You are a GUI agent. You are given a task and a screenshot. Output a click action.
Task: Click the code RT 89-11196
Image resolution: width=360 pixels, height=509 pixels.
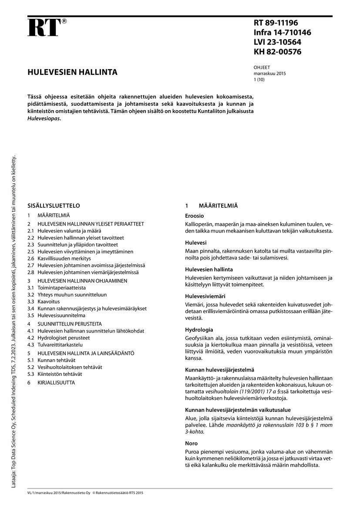[276, 23]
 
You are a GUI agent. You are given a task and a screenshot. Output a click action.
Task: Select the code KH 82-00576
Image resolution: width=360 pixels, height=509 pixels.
[277, 52]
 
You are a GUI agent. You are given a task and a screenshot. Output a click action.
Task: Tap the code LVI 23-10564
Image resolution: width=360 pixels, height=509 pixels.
[277, 42]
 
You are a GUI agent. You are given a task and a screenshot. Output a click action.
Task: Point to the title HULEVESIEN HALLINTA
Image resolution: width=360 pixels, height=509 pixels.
[72, 72]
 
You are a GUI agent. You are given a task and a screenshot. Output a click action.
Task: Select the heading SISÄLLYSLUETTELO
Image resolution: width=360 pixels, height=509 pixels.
[54, 206]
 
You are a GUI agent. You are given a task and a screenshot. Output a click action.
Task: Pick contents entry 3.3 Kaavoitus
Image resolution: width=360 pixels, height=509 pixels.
[44, 301]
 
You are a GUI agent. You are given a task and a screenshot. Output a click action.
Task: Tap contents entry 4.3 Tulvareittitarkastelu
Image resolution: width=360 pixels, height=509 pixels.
[55, 344]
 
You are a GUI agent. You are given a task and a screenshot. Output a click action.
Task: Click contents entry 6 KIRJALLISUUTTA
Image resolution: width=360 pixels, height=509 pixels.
[51, 382]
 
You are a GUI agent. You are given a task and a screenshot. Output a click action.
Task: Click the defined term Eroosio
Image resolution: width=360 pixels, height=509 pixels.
[195, 216]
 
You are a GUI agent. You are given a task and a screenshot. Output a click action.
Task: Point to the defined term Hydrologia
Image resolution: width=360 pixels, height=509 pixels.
[199, 330]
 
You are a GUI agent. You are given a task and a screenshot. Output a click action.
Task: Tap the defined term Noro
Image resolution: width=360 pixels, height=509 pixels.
[192, 443]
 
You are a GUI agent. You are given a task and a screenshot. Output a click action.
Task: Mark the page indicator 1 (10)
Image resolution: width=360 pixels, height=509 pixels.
[259, 80]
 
